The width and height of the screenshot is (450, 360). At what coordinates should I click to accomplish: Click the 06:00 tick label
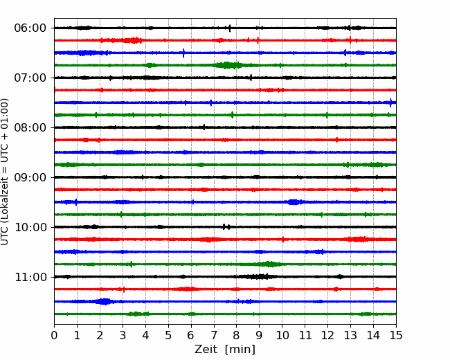[30, 28]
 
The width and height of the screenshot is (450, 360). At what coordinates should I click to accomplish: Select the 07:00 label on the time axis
[30, 78]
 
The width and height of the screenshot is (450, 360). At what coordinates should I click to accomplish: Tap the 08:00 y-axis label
[30, 127]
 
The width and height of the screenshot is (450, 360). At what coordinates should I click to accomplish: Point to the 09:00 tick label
[30, 177]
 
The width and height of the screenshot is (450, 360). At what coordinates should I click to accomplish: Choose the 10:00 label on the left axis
[30, 227]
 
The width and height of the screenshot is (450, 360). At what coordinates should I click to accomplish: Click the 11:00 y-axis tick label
[30, 277]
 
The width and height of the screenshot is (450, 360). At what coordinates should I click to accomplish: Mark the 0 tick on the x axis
[54, 335]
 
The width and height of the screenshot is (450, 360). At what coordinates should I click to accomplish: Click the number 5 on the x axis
[168, 335]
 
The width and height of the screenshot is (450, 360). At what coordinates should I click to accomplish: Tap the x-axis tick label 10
[282, 335]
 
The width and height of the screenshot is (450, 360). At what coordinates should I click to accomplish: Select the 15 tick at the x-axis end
[396, 335]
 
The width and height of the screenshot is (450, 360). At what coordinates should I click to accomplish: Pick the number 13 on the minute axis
[350, 335]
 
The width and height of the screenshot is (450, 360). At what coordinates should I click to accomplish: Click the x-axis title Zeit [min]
[225, 350]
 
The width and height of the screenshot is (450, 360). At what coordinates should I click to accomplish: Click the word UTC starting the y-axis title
[4, 238]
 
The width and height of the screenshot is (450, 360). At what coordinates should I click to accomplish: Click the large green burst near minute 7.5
[228, 65]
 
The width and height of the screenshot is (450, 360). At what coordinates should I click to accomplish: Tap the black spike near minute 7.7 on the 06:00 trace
[230, 28]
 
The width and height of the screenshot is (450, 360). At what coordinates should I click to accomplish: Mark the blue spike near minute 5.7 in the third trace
[183, 53]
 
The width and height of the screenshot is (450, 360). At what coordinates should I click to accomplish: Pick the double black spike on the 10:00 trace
[226, 227]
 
